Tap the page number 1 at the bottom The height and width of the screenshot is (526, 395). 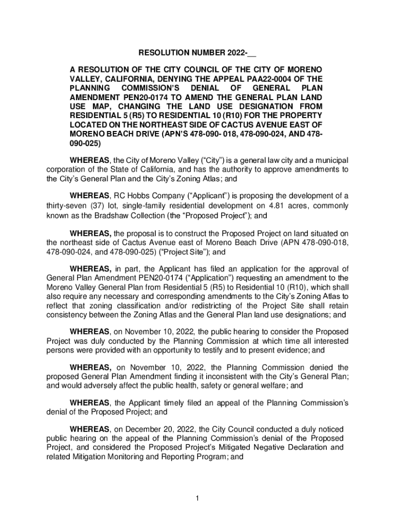click(197, 498)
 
